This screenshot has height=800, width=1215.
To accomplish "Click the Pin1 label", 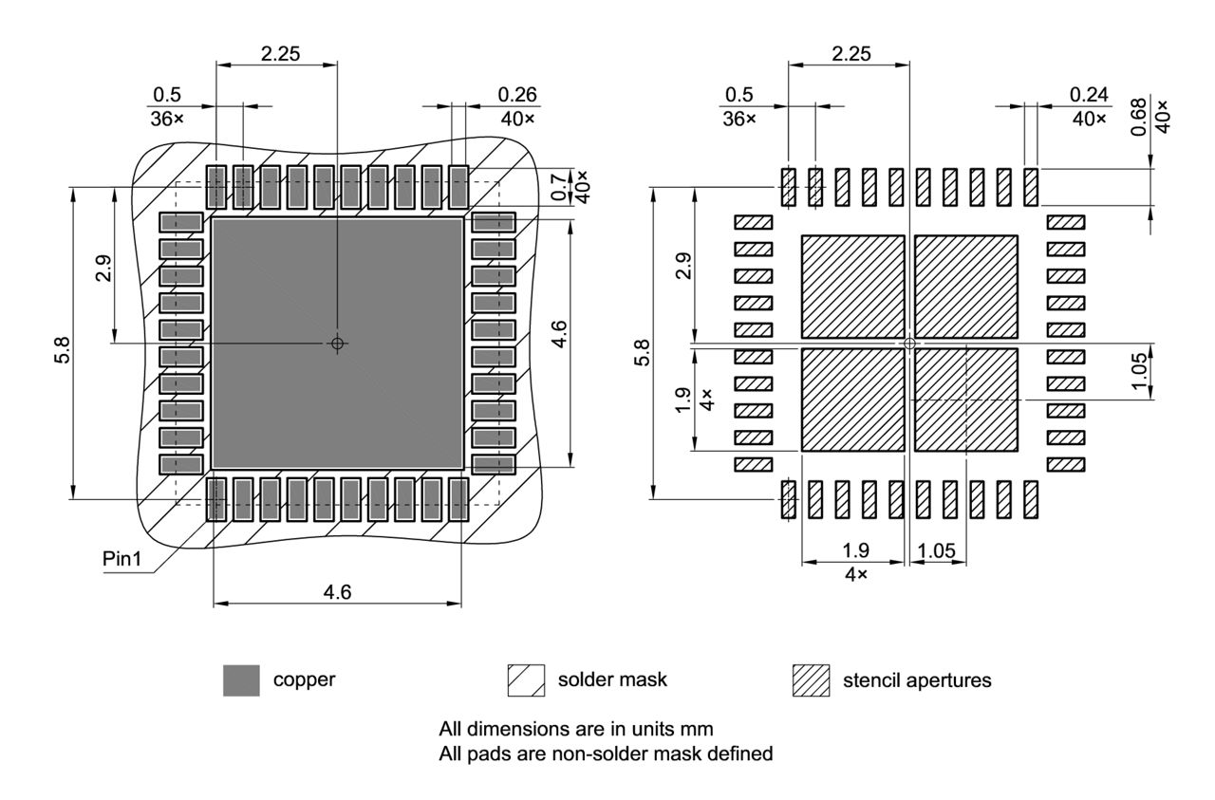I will click(x=121, y=559).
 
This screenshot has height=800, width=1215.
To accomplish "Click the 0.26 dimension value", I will click(x=516, y=94).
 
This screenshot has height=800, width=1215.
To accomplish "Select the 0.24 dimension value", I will click(x=1088, y=94).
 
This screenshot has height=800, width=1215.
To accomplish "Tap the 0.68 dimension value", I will click(x=1139, y=117).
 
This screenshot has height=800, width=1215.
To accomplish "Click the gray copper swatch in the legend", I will click(x=241, y=680).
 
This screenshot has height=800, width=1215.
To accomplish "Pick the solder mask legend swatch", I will click(x=526, y=680).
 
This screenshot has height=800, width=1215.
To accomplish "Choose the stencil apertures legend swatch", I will click(x=811, y=680).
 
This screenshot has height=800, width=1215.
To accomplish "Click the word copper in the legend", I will click(x=304, y=680).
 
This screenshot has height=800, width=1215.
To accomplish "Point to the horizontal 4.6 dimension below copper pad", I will click(x=337, y=592).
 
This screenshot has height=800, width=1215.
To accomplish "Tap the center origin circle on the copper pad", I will click(x=337, y=344).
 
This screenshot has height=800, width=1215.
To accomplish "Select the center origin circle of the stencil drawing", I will click(x=909, y=344).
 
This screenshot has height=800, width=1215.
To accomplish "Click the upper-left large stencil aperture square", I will click(x=853, y=287).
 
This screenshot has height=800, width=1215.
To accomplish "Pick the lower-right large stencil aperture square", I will click(x=965, y=399).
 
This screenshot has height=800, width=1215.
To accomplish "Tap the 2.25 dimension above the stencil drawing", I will click(x=851, y=54).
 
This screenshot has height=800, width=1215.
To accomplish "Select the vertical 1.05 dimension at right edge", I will click(x=1139, y=369).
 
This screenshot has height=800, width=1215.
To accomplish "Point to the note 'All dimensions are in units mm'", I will click(x=576, y=730).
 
